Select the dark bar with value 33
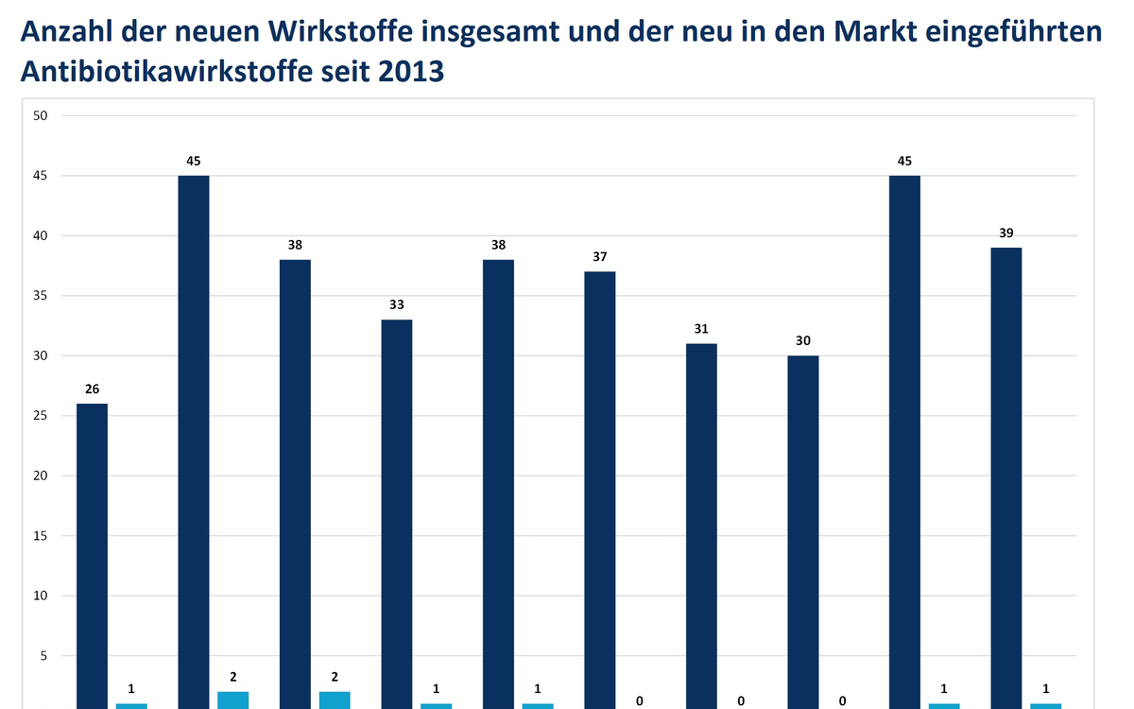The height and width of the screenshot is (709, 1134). point(397,514)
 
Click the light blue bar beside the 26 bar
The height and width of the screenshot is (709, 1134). point(131,705)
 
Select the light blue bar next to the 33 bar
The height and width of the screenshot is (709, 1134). point(436,705)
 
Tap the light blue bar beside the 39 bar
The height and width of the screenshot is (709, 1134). point(1045,705)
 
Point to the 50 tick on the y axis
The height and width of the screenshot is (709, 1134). point(41,115)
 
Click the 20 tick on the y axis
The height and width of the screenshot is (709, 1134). point(41,476)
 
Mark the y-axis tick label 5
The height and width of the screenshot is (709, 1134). point(44,655)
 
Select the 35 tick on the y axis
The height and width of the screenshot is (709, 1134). point(41,296)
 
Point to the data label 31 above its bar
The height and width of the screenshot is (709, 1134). point(701,329)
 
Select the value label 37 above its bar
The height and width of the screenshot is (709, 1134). point(600,257)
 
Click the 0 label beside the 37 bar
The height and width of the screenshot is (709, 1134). point(640,700)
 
